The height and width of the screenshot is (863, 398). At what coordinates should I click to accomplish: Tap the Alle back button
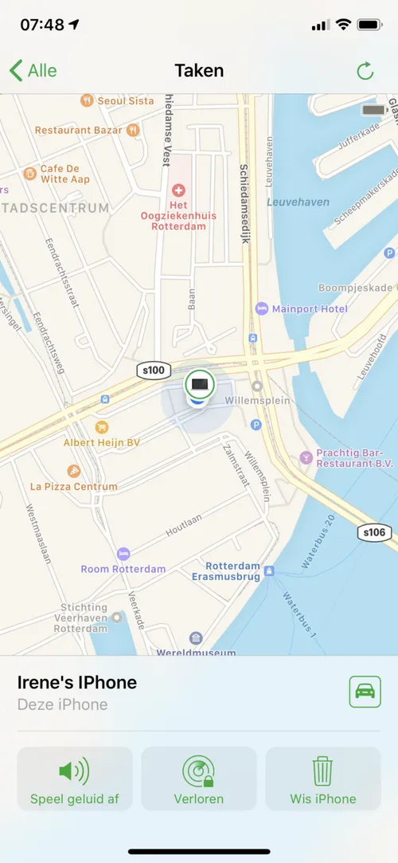click(x=33, y=71)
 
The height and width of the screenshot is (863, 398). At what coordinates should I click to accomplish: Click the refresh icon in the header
click(x=365, y=71)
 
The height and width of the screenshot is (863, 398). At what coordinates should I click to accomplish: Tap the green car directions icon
click(x=365, y=691)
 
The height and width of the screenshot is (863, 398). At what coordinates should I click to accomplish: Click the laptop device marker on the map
click(x=199, y=384)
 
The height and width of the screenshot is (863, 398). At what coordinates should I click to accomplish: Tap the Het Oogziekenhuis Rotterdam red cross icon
click(x=178, y=190)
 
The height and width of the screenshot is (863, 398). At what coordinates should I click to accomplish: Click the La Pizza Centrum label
click(x=73, y=486)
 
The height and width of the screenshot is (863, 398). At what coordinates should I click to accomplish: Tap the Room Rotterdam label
click(x=123, y=569)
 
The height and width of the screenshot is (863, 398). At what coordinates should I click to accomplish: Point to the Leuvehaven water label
click(x=298, y=202)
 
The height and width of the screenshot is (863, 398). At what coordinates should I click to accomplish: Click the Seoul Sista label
click(x=126, y=101)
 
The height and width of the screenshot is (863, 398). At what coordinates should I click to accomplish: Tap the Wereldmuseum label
click(x=197, y=652)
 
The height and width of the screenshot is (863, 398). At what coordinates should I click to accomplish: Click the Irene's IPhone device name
click(x=77, y=682)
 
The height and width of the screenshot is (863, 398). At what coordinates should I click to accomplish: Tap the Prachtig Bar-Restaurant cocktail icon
click(x=306, y=457)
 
